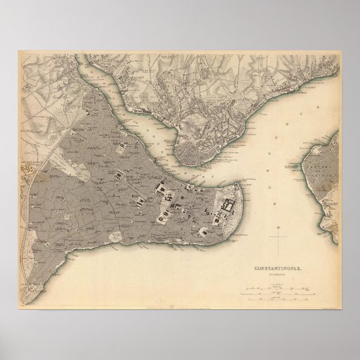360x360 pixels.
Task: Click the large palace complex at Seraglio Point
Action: pos(227,207)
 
